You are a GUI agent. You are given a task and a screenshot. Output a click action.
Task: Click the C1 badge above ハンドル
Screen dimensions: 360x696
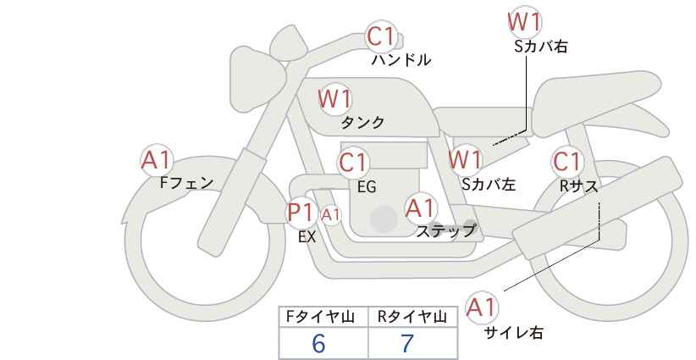[x=381, y=36]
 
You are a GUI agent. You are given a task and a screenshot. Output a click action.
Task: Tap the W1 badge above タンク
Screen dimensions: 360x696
[x=335, y=99]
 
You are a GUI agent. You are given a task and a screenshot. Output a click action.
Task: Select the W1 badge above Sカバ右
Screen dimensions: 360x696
[x=525, y=22]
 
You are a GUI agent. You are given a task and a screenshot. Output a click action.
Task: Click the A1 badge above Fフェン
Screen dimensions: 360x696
[x=157, y=159]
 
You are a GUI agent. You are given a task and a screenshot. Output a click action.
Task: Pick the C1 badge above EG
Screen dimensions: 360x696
[x=354, y=162]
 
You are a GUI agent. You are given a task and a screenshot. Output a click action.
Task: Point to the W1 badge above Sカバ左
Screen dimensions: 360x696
[x=466, y=159]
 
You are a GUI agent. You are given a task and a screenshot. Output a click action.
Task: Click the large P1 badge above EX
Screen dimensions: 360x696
[x=301, y=211]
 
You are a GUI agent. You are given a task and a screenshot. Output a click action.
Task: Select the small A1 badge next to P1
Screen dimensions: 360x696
[x=331, y=214]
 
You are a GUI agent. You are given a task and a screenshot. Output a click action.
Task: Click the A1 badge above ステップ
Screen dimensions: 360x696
[x=421, y=207]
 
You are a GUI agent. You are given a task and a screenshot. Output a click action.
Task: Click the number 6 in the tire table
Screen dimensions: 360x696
[x=319, y=343]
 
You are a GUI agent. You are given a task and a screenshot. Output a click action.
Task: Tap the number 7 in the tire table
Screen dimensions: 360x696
[x=407, y=343]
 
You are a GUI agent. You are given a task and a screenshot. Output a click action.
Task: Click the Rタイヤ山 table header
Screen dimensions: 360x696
[x=411, y=317]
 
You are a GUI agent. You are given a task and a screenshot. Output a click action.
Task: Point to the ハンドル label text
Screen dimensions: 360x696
[x=401, y=60]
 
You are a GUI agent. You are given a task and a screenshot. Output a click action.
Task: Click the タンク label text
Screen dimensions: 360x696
[x=362, y=123]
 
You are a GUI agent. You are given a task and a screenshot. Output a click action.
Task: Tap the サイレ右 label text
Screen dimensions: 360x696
[x=513, y=333]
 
